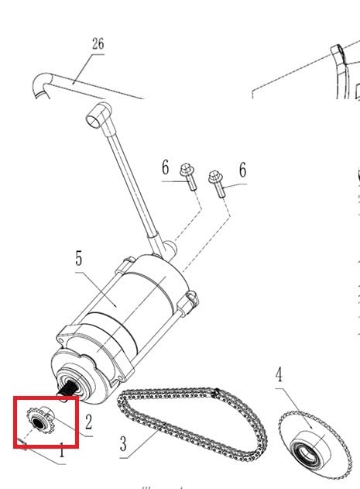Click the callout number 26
click(98, 43)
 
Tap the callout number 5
click(79, 259)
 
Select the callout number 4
click(279, 374)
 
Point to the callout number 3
click(123, 443)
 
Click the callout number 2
click(89, 422)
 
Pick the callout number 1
click(62, 451)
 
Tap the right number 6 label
click(243, 170)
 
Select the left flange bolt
click(188, 176)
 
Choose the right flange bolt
click(217, 184)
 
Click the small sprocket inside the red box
click(40, 420)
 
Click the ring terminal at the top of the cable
click(98, 115)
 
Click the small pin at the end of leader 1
click(22, 444)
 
